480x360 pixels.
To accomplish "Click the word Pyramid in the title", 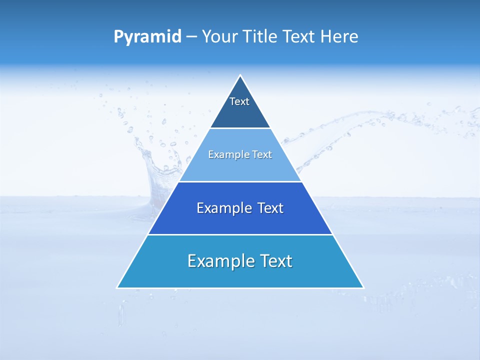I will point(147,37).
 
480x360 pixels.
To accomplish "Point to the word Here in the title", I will point(339,37).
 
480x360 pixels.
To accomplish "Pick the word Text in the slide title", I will point(299,37).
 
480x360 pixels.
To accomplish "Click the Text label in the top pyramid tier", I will point(239,101).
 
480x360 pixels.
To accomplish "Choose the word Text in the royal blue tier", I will point(270,208).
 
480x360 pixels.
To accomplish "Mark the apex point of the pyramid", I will point(240,75).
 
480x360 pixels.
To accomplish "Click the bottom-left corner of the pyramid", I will point(117,287).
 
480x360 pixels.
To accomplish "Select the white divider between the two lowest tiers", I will point(240,234).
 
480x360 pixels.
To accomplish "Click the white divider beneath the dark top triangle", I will point(240,128).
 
